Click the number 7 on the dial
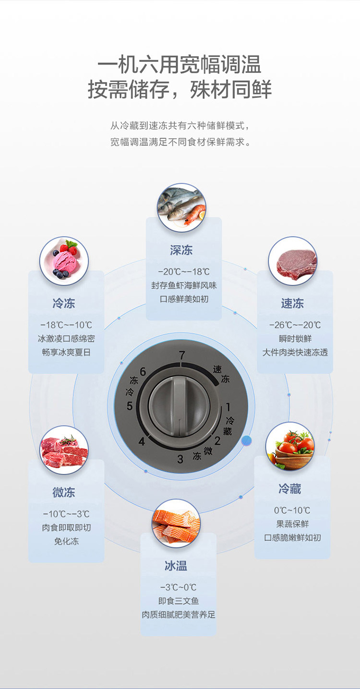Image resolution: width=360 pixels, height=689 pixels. point(181,356)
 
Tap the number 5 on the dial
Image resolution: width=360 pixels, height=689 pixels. point(130,406)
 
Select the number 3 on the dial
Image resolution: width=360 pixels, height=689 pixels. point(180,459)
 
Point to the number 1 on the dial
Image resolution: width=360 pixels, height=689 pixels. point(228,407)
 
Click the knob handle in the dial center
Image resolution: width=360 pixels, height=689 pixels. point(179,406)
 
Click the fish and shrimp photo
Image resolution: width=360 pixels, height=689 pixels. point(181,208)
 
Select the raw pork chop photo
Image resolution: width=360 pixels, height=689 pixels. point(292,261)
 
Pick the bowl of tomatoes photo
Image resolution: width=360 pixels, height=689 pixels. point(290,446)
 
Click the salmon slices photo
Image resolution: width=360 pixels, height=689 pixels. point(176,523)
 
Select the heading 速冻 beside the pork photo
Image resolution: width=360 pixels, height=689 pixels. point(292,303)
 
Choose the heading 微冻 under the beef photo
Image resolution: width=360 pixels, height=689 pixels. point(64,492)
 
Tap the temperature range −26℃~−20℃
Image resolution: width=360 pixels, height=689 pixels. point(295,325)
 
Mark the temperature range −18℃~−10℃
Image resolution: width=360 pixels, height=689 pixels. point(66,325)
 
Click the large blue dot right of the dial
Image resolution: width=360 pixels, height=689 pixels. point(247,440)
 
